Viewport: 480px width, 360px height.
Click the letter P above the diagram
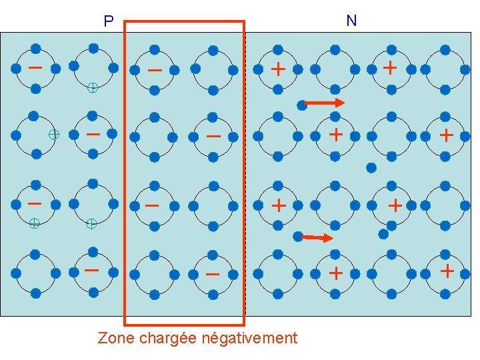coord(109,22)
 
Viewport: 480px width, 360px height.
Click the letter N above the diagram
coord(351,21)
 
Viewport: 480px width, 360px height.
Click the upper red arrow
coord(325,103)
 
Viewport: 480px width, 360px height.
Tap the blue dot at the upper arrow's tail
coord(302,103)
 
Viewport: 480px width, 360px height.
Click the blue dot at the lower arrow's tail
coord(297,235)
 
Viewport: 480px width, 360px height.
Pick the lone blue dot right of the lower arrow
coord(383,234)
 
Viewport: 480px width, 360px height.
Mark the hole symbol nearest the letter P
coord(93,87)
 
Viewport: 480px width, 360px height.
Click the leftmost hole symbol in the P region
coord(34,224)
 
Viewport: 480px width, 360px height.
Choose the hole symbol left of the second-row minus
coord(54,134)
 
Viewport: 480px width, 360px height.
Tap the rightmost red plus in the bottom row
coord(447,271)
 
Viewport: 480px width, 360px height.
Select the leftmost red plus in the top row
coord(278,69)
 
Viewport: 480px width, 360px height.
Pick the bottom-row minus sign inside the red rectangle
coord(212,274)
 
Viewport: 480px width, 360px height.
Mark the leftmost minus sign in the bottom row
coord(92,271)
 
